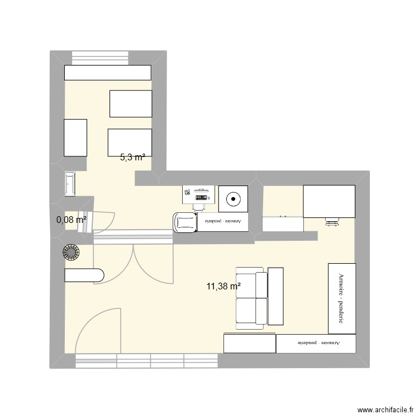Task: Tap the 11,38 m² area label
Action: coord(223,287)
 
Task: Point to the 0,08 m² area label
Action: coord(72,220)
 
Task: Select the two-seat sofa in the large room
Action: coord(250,297)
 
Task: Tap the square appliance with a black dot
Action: coord(232,198)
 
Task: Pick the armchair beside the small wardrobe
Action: coord(185,222)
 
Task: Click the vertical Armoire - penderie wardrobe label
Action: coord(340,298)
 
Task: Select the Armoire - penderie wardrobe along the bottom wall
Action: coord(316,343)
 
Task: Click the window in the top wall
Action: coord(101,58)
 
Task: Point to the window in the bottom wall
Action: coord(146,361)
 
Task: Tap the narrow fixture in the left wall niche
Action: coord(71,184)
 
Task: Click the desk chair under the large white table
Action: coord(332,222)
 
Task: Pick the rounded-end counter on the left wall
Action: coord(84,275)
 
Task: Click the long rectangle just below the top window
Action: coord(108,73)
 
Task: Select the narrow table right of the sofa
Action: coord(276,296)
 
